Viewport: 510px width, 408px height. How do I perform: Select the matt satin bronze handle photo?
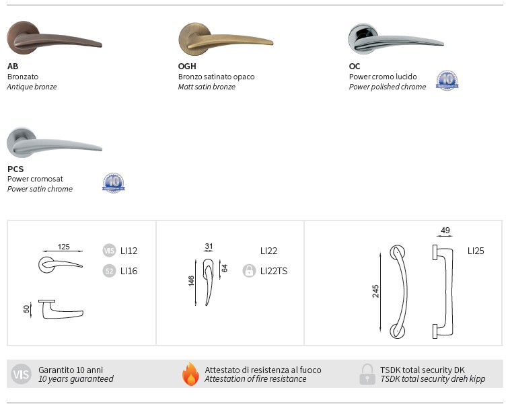point(225,39)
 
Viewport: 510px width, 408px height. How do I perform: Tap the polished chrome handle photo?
point(395,39)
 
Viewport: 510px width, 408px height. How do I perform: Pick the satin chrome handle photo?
point(54,143)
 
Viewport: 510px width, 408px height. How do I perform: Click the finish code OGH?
point(187,67)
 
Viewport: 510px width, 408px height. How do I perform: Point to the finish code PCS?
point(15,169)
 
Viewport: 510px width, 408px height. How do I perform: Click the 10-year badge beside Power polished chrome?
point(447,80)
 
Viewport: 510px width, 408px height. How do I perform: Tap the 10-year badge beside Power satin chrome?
point(114,183)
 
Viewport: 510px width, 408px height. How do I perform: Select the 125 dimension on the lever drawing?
point(64,247)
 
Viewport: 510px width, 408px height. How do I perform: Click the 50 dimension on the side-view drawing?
point(27,309)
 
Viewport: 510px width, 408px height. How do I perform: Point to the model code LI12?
point(129,251)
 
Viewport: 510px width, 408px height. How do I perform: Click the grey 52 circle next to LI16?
point(109,271)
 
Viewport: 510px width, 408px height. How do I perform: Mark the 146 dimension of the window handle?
point(191,281)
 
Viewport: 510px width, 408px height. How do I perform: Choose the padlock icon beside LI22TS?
point(249,271)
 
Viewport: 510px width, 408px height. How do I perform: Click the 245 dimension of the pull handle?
point(375,291)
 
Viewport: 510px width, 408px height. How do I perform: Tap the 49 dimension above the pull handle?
point(445,231)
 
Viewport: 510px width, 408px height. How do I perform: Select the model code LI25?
point(476,251)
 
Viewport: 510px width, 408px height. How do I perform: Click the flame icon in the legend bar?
point(190,374)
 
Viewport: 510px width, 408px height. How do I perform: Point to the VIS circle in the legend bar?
point(21,374)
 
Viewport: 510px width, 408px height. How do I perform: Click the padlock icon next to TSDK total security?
point(367,374)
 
